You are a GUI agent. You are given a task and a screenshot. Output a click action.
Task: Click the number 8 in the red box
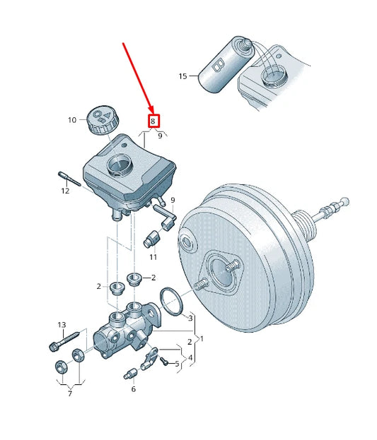click(x=153, y=121)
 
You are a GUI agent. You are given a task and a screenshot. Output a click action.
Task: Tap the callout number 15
click(x=183, y=76)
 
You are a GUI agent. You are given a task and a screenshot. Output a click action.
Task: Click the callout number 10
click(x=71, y=120)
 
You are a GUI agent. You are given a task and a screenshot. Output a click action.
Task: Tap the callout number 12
click(x=65, y=191)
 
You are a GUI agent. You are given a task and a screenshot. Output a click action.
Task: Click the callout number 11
click(x=153, y=257)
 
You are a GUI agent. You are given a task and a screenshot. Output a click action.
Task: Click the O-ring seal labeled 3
click(x=171, y=302)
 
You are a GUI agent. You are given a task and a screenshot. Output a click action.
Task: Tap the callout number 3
click(x=190, y=319)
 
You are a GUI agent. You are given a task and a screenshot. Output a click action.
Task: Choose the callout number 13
click(x=62, y=325)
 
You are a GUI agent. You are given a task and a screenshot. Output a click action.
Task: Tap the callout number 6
click(x=133, y=389)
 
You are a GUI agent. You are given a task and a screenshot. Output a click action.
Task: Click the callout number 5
click(x=177, y=364)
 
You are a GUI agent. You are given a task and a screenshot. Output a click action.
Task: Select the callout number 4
click(x=190, y=358)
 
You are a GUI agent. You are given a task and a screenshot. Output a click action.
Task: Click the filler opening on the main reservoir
click(x=117, y=168)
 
